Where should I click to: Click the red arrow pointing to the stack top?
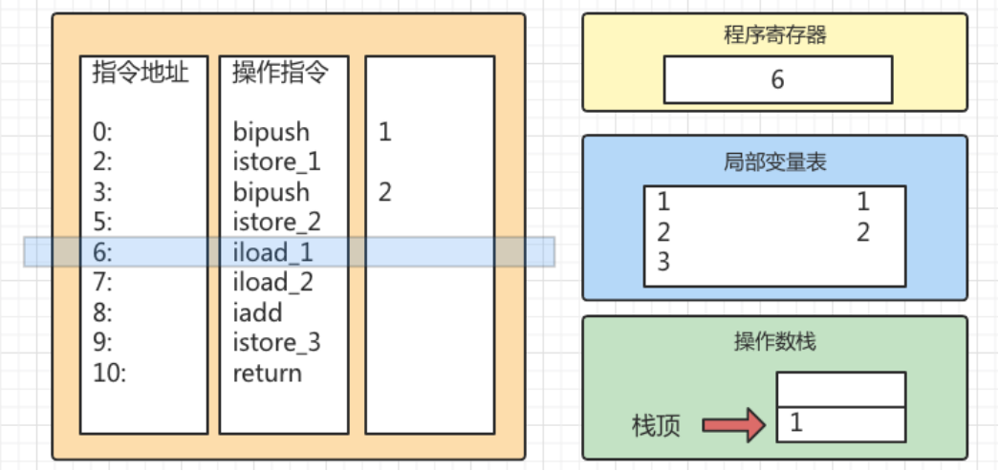(733, 424)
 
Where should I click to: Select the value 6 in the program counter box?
(776, 79)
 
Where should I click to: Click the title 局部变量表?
(774, 161)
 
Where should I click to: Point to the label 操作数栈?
(774, 341)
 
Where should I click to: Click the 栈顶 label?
(657, 425)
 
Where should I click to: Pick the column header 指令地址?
(141, 73)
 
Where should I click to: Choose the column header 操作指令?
(281, 73)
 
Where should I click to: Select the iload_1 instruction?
(272, 252)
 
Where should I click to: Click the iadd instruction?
(257, 312)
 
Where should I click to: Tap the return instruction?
(267, 373)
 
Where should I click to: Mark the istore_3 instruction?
(276, 342)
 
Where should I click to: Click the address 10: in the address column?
(109, 373)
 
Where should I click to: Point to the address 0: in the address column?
(103, 132)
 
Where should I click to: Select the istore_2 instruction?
(276, 223)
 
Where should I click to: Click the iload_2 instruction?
(272, 282)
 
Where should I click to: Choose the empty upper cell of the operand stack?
(840, 389)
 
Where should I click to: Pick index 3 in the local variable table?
(663, 262)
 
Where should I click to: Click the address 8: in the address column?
(103, 312)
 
